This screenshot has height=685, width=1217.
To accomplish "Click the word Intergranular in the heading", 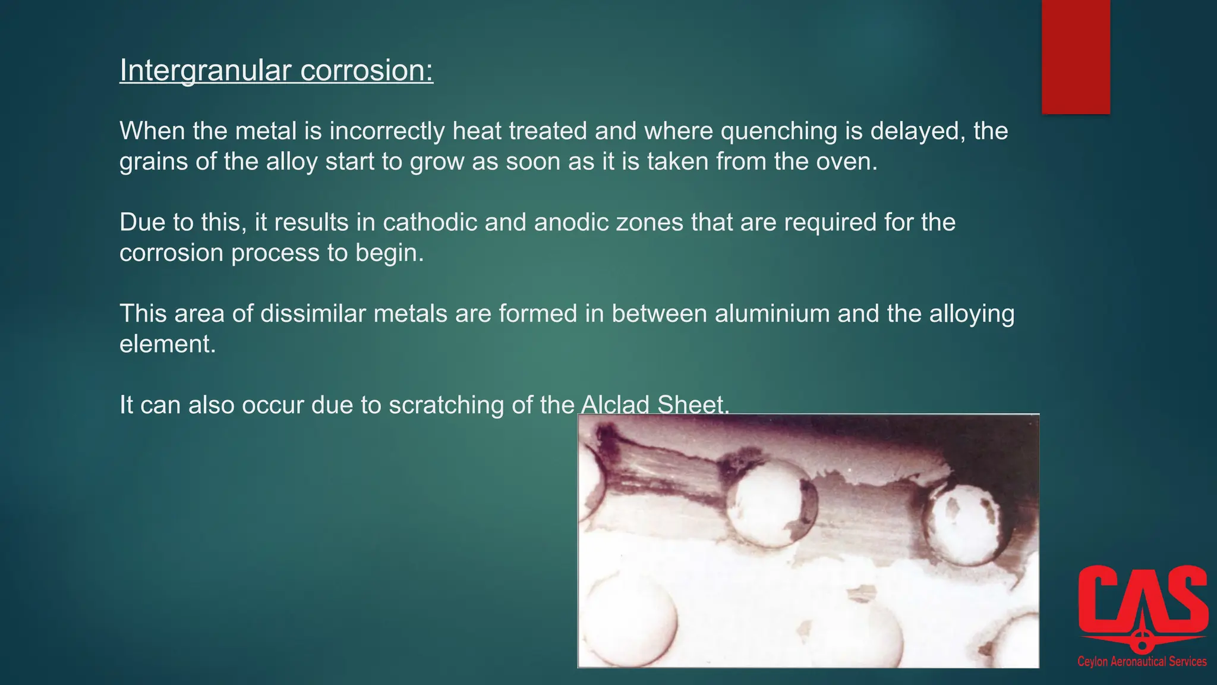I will coord(205,71).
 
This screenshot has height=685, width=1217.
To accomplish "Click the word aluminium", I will coord(772,314).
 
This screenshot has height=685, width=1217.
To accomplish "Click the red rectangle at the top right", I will coord(1076,56).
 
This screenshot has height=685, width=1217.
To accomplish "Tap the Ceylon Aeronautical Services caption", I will coord(1142,662).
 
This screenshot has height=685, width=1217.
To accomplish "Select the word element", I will coord(168,344).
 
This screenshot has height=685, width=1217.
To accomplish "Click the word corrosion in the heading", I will coord(367,71).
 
